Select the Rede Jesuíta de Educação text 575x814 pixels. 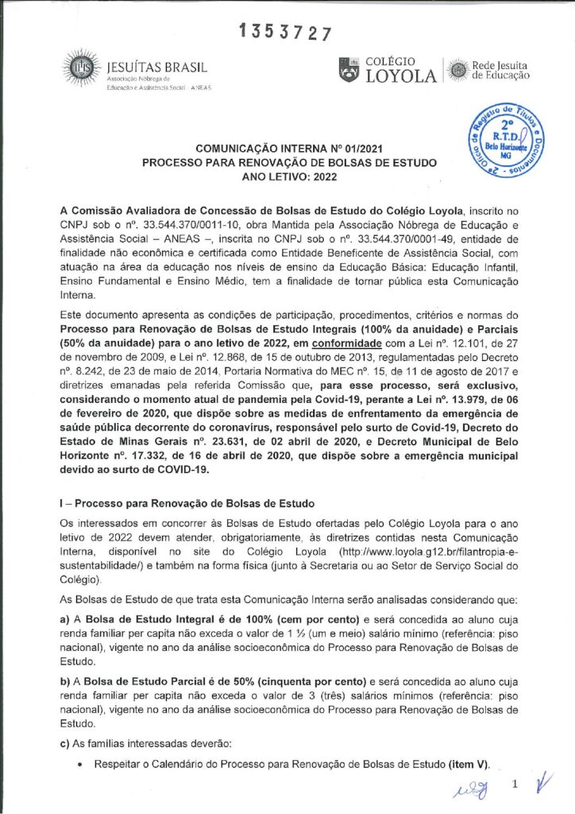pos(500,70)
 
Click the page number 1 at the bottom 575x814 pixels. pos(516,785)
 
